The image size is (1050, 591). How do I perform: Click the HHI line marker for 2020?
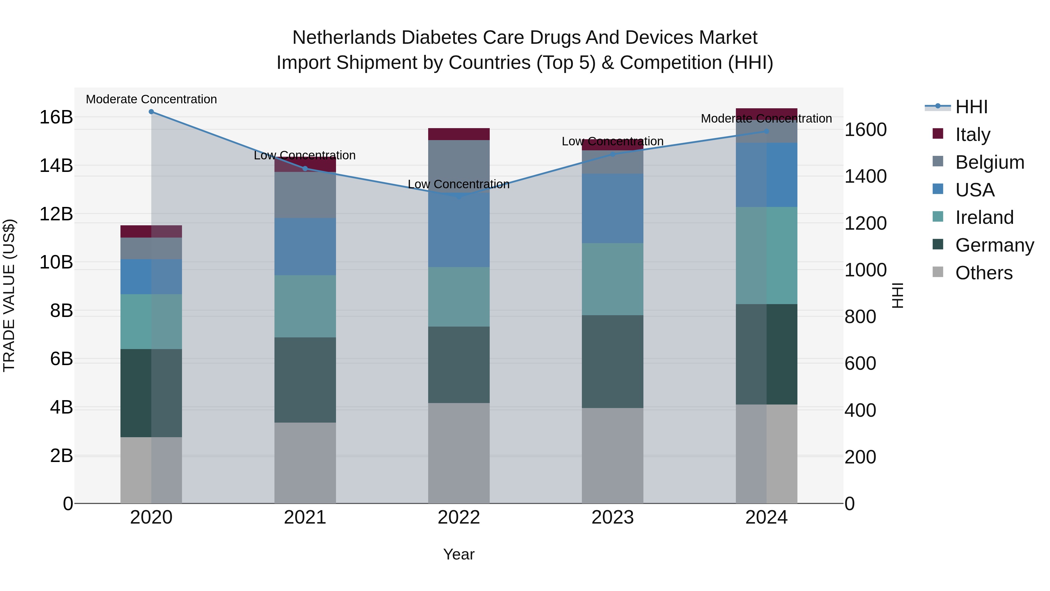coord(151,112)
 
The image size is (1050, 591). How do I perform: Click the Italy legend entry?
coord(972,134)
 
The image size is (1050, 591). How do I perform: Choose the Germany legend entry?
coord(994,245)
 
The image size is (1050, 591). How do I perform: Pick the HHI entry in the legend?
coord(971,107)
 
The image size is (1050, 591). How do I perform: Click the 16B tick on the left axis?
coord(56,117)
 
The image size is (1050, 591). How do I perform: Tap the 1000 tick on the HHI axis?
coord(865,270)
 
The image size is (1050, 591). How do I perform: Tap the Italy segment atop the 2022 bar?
coord(459,134)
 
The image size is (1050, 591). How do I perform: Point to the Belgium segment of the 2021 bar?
coord(305,195)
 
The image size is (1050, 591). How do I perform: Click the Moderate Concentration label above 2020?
coord(151,99)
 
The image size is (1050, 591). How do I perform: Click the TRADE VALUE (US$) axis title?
coord(9,295)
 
